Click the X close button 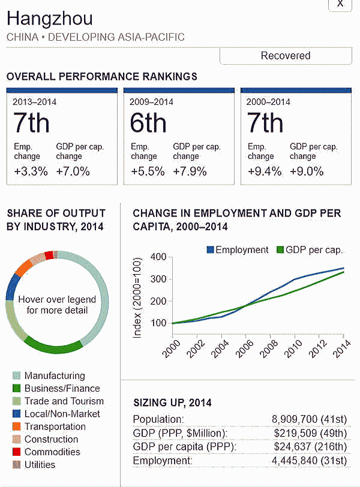click(340, 4)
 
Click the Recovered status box click(285, 56)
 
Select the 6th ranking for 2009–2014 click(148, 123)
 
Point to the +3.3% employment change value click(31, 172)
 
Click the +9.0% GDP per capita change click(307, 172)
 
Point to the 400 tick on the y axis click(158, 257)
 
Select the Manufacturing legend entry click(55, 375)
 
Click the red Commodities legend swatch click(16, 452)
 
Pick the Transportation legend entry click(55, 426)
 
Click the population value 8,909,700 click(297, 419)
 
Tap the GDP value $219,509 click(298, 433)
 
